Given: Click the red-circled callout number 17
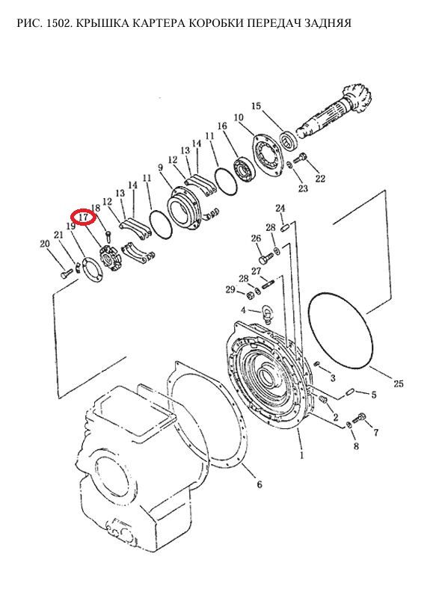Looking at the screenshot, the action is (x=83, y=217).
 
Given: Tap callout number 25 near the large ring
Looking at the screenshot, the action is (x=399, y=383).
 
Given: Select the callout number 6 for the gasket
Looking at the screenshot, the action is (x=260, y=484).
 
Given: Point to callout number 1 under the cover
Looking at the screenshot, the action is (x=301, y=456).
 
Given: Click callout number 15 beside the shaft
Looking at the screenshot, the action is (x=256, y=106).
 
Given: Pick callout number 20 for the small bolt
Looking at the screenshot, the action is (x=45, y=244).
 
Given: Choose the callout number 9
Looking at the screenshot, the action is (x=161, y=167).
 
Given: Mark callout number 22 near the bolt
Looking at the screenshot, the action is (x=320, y=178).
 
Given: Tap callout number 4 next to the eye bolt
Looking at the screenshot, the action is (x=244, y=310).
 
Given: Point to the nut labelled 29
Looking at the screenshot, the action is (x=250, y=294).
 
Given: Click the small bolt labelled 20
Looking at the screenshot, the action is (x=66, y=273).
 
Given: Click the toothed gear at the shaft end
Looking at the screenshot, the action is (x=355, y=99).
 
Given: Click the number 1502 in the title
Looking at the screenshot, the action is (x=58, y=23).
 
